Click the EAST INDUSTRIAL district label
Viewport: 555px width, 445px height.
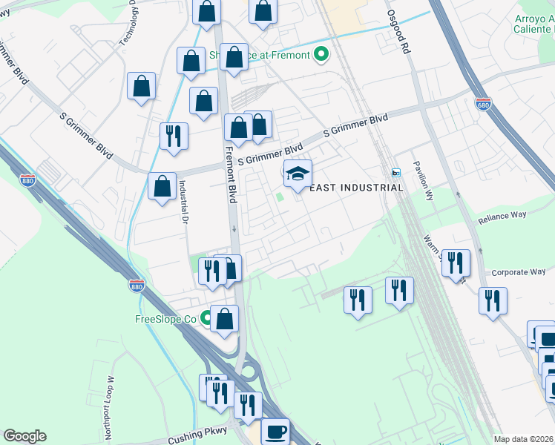point(355,188)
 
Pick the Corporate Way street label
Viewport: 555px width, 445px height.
point(517,272)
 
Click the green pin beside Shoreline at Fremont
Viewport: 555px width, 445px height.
point(321,54)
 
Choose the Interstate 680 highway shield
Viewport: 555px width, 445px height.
point(483,104)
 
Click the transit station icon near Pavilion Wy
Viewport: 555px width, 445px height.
point(395,173)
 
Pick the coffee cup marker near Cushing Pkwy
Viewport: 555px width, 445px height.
point(276,431)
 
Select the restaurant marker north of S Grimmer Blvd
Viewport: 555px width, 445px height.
point(174,136)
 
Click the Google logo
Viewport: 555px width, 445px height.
point(24,436)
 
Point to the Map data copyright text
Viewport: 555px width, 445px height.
point(523,439)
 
